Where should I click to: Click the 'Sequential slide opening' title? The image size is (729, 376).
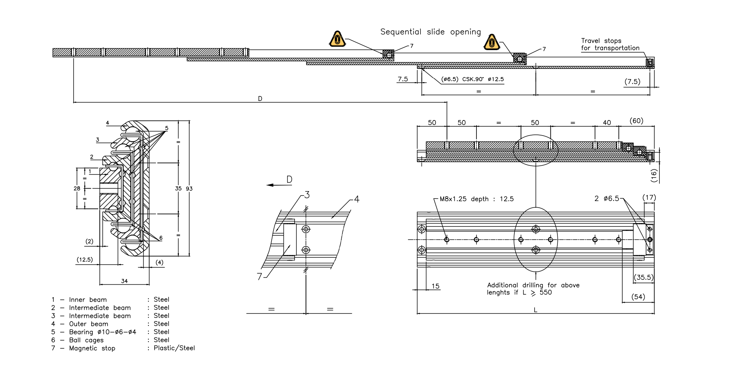tap(430, 32)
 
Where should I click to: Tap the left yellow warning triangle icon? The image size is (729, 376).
tap(337, 39)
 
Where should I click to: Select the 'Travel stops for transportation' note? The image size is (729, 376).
tap(610, 45)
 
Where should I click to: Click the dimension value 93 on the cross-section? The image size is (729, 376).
tap(189, 189)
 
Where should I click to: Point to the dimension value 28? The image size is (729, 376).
tap(77, 189)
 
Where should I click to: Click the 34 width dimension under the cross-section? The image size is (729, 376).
tap(124, 281)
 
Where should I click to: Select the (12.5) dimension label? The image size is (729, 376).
tap(85, 260)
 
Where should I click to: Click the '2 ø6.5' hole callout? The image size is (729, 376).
tap(607, 198)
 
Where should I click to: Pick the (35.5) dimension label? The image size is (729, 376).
tap(643, 277)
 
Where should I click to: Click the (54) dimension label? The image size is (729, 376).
tap(638, 297)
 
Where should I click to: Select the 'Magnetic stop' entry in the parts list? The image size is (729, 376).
tap(92, 348)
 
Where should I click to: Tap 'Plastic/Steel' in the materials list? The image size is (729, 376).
tap(174, 348)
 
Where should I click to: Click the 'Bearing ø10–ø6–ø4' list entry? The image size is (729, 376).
tap(102, 332)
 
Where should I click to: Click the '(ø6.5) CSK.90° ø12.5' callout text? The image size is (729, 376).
tap(472, 79)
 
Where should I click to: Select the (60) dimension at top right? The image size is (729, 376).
tap(636, 121)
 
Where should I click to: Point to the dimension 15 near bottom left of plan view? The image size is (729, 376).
tap(436, 286)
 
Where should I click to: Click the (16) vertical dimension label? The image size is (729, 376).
tap(654, 175)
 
